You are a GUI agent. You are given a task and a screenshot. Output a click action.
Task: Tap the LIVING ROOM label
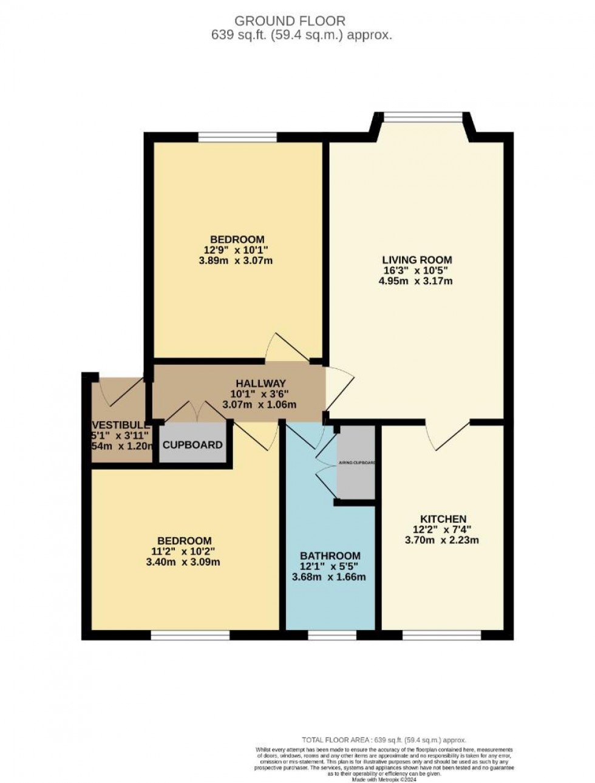point(416,260)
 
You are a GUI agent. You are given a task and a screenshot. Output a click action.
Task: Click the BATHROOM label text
point(330,555)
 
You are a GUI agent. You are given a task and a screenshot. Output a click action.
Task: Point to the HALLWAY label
point(260,383)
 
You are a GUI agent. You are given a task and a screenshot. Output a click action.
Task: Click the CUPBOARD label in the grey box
point(192,445)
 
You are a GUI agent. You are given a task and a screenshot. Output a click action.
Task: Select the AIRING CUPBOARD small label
point(356,463)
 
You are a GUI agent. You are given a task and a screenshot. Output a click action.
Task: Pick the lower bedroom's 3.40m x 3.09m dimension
point(184,562)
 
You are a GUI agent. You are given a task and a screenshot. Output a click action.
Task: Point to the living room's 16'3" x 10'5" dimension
point(416,270)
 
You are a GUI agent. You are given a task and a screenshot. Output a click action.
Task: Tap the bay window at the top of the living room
point(423,116)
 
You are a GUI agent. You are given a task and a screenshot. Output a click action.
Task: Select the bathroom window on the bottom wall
point(331,635)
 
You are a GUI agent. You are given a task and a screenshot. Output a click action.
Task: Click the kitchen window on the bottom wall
point(441,635)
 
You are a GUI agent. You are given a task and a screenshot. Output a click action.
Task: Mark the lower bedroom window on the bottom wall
point(190,635)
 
